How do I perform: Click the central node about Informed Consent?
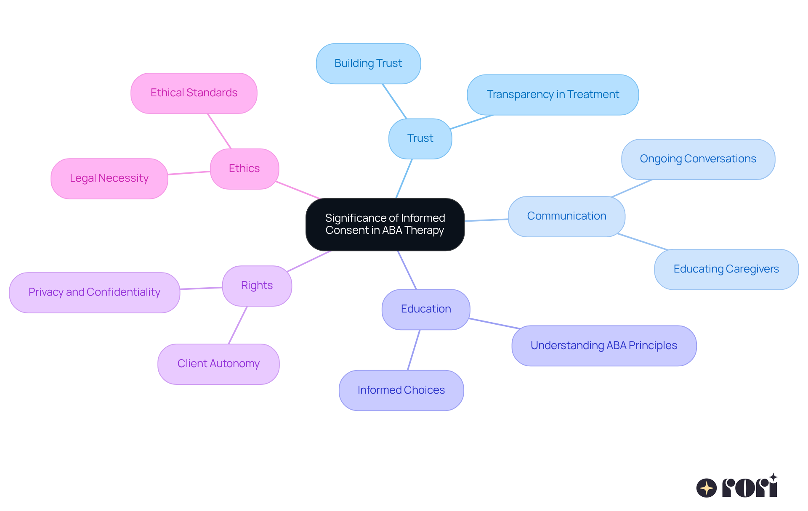(385, 224)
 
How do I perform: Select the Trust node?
(420, 138)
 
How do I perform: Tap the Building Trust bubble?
(368, 64)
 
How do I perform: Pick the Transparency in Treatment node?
(553, 95)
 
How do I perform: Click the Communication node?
(566, 216)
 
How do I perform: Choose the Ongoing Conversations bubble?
(698, 159)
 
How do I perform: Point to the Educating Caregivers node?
(726, 269)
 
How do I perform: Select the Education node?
(425, 309)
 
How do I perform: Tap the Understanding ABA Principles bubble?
(603, 346)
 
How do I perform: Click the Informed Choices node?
(401, 390)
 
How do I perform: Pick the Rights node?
(257, 286)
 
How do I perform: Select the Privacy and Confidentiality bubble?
(94, 292)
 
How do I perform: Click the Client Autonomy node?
(218, 364)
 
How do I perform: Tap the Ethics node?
(244, 169)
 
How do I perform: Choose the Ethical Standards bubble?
(194, 93)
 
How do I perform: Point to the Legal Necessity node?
(109, 178)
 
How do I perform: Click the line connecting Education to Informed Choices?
(414, 350)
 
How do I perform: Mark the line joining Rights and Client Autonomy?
(238, 325)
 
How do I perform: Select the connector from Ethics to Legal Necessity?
(189, 173)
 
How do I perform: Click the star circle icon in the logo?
(706, 488)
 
